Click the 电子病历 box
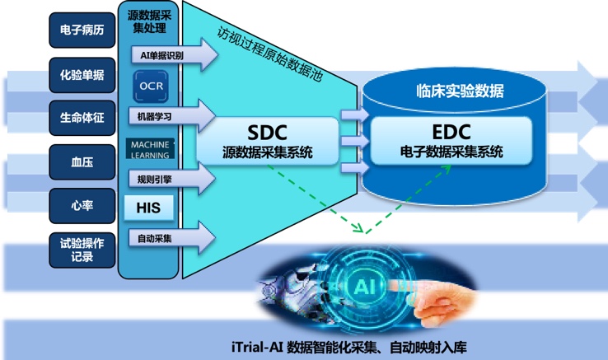click(x=82, y=30)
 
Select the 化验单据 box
click(x=82, y=75)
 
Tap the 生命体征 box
click(x=82, y=118)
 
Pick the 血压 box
click(x=82, y=162)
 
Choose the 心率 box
click(x=82, y=206)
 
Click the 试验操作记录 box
click(x=82, y=250)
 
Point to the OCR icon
click(x=151, y=86)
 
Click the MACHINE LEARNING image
click(x=150, y=149)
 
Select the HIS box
click(x=148, y=208)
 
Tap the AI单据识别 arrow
click(x=175, y=54)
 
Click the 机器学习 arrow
click(x=172, y=115)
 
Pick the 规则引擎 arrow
click(x=172, y=179)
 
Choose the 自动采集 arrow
click(x=172, y=238)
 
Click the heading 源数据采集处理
click(x=149, y=21)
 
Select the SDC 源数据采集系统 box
click(x=268, y=141)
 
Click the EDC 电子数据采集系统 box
click(x=451, y=141)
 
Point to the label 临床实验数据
click(x=460, y=91)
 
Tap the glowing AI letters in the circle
click(x=363, y=287)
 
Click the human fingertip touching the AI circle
click(x=391, y=287)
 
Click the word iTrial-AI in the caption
click(x=257, y=347)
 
